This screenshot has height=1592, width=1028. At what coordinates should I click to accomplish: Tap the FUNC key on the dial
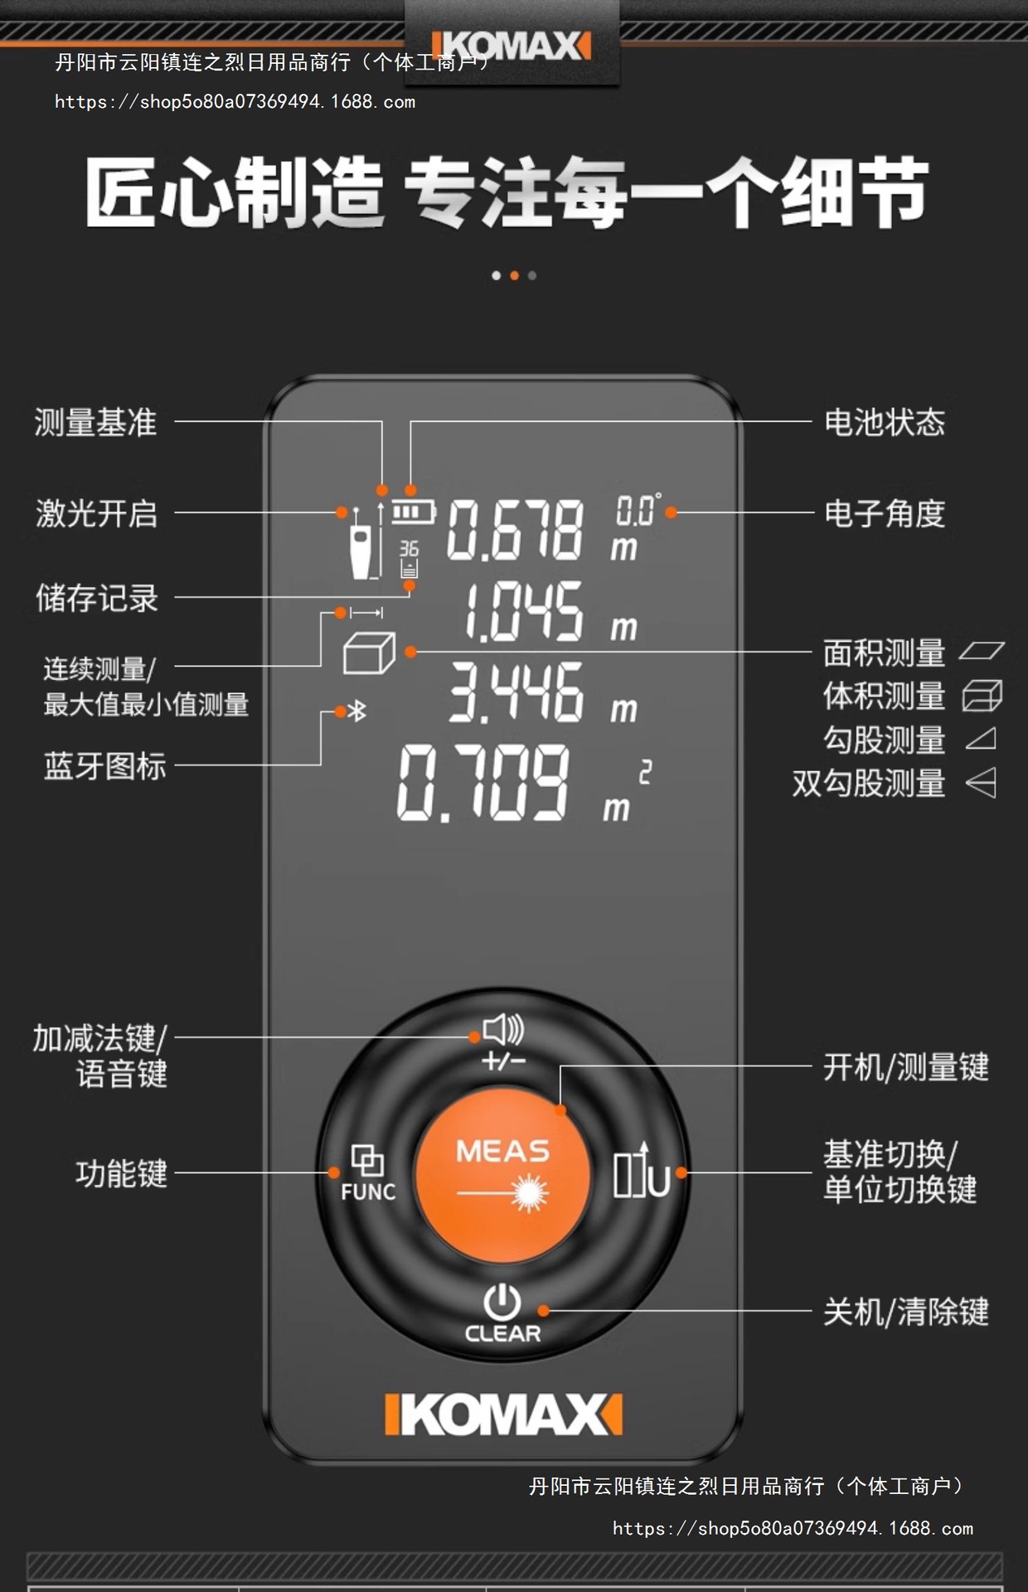click(x=367, y=1172)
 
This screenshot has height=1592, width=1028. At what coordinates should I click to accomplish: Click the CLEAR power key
click(x=502, y=1313)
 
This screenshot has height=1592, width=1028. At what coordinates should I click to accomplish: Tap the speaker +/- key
click(x=503, y=1041)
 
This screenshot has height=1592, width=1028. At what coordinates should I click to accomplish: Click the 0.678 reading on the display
click(x=515, y=530)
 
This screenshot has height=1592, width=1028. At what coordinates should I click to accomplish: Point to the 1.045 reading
click(x=523, y=611)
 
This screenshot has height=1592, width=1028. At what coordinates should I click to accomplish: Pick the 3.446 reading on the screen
click(x=516, y=692)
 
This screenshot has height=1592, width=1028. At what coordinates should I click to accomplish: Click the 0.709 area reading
click(x=483, y=781)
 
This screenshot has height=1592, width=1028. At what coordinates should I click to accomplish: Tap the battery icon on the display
click(x=413, y=512)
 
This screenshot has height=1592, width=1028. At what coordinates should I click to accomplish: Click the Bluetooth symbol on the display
click(x=357, y=711)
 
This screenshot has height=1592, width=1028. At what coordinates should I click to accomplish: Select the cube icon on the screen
click(x=369, y=653)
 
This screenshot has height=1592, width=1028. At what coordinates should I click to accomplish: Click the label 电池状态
click(x=884, y=422)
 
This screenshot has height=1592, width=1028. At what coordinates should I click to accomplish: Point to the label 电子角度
click(x=884, y=513)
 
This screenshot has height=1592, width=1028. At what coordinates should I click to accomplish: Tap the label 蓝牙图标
click(x=105, y=765)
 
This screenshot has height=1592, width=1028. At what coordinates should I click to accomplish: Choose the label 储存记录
click(x=97, y=598)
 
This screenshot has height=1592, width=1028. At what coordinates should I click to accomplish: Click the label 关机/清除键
click(x=905, y=1312)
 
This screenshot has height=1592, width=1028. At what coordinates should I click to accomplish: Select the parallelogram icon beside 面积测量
click(x=982, y=651)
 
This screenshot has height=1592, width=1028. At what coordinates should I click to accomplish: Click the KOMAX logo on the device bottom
click(x=503, y=1415)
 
